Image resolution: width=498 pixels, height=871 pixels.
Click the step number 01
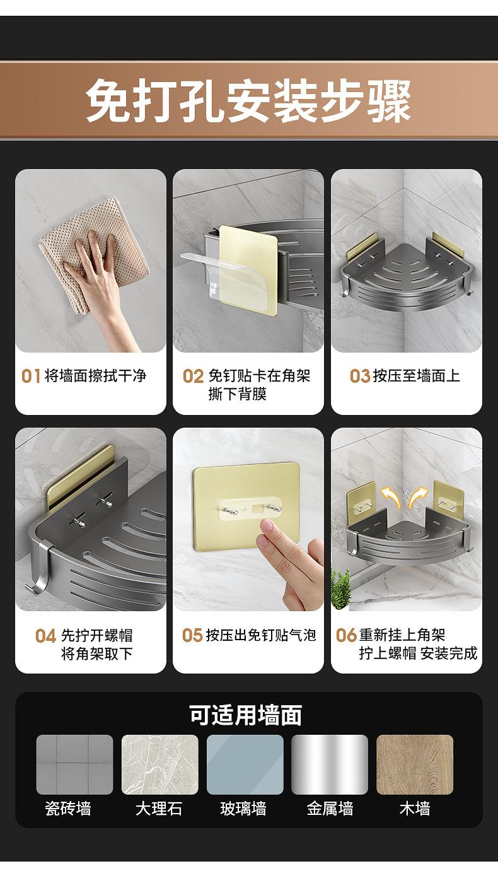(x=31, y=376)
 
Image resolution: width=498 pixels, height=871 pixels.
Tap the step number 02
(x=194, y=377)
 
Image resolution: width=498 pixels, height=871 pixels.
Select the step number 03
(x=359, y=376)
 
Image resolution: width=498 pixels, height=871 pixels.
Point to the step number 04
(x=45, y=636)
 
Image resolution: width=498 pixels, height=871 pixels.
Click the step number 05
(x=192, y=635)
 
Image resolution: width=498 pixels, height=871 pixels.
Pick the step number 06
(x=346, y=635)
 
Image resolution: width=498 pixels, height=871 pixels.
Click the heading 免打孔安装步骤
(x=248, y=100)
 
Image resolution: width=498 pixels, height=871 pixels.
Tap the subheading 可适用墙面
(x=246, y=715)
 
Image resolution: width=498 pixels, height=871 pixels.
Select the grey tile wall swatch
(x=74, y=764)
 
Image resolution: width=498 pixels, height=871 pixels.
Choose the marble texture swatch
(x=159, y=764)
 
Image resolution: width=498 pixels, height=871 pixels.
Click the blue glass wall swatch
(x=245, y=764)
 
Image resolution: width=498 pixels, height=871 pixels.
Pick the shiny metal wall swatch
(x=330, y=764)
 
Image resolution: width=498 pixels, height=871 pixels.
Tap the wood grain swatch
(x=415, y=764)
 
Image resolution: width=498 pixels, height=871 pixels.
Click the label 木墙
(x=415, y=809)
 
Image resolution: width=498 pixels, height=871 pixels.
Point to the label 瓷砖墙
(x=68, y=809)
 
